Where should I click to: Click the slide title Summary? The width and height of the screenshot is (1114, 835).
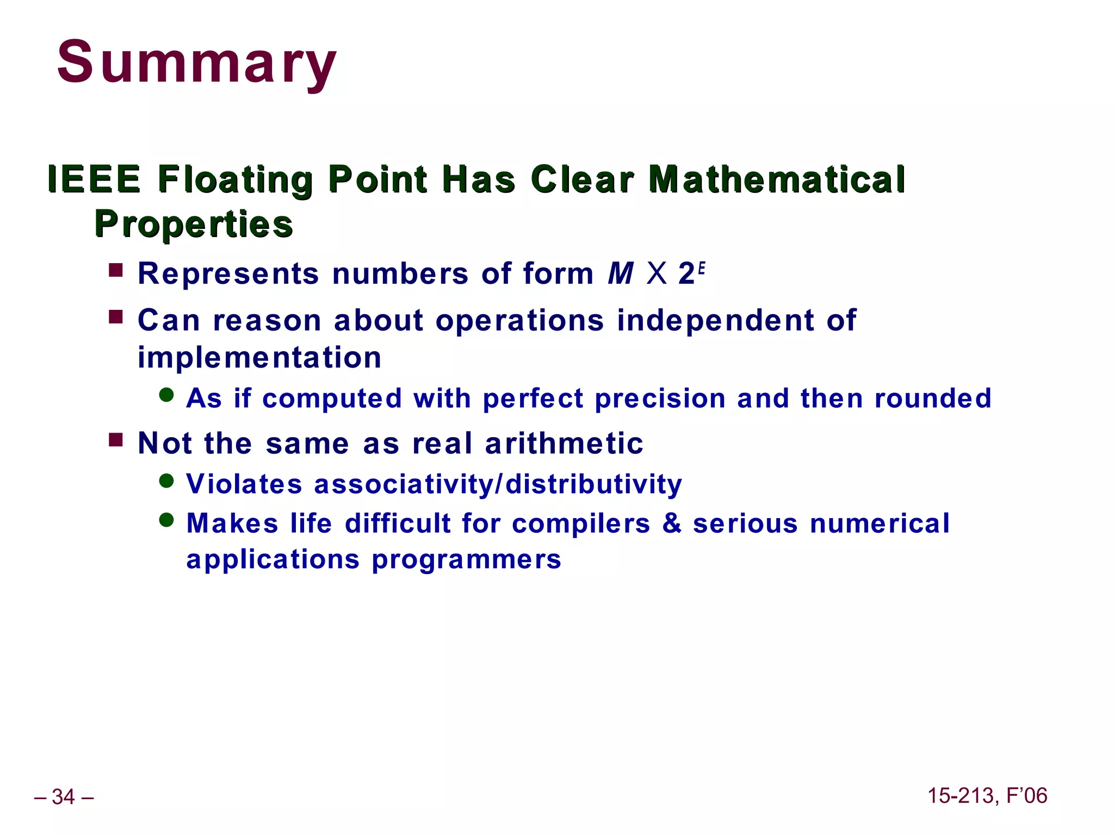(196, 63)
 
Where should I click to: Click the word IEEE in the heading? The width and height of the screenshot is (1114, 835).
(94, 179)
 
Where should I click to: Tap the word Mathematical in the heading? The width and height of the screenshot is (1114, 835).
(777, 179)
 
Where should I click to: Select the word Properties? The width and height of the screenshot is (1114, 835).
(194, 224)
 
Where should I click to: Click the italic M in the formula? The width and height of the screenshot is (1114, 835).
(621, 273)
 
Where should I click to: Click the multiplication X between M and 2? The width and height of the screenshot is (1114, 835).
(657, 273)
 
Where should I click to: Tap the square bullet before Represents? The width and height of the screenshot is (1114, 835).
(116, 270)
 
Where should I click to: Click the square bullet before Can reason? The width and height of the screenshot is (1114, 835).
(116, 317)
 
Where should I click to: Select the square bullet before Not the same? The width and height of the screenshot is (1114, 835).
(116, 439)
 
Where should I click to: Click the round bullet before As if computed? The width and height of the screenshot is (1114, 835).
(166, 395)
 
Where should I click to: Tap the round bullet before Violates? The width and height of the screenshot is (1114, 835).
(166, 481)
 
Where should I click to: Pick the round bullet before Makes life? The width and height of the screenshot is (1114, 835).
(166, 520)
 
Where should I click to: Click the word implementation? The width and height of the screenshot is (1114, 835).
(259, 358)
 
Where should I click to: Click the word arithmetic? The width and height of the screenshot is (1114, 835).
(564, 444)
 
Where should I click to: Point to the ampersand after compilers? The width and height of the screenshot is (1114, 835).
(672, 524)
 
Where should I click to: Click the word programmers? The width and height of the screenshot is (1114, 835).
(466, 560)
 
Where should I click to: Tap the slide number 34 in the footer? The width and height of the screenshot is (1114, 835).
(64, 797)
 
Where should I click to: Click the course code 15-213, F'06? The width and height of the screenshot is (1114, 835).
(987, 796)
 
